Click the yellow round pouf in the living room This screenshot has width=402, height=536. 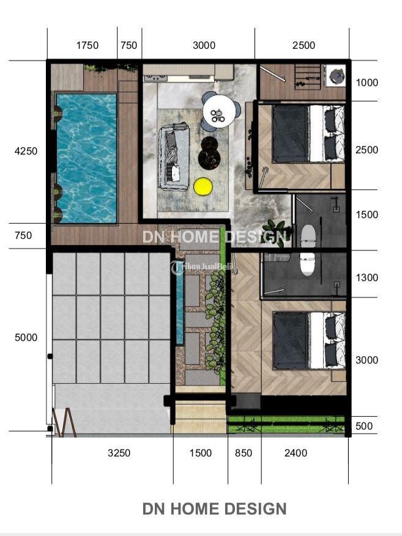coord(203,187)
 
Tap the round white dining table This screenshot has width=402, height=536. coord(219,111)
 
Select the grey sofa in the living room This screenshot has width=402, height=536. coord(173,156)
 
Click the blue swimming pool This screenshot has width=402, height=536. coord(86,158)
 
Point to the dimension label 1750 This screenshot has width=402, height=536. coord(87,45)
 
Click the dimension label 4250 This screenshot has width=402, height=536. coord(26,151)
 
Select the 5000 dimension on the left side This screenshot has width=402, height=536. coord(26,337)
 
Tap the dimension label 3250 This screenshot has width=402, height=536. coord(119,453)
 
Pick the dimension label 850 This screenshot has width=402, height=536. coord(244,453)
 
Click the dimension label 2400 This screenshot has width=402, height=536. coord(296,453)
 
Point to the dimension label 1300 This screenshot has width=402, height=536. coord(367,277)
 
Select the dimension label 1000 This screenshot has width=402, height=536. coord(367,83)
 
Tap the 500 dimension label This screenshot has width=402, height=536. coord(364,426)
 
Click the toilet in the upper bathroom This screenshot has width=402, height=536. coord(308,235)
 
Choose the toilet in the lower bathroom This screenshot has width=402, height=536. coord(307,264)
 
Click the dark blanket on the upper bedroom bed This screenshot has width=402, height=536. coord(290,133)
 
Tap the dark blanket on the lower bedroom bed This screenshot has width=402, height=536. coord(291,340)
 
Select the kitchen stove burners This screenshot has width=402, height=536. coord(155,78)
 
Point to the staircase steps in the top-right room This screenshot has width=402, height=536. coord(308,77)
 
